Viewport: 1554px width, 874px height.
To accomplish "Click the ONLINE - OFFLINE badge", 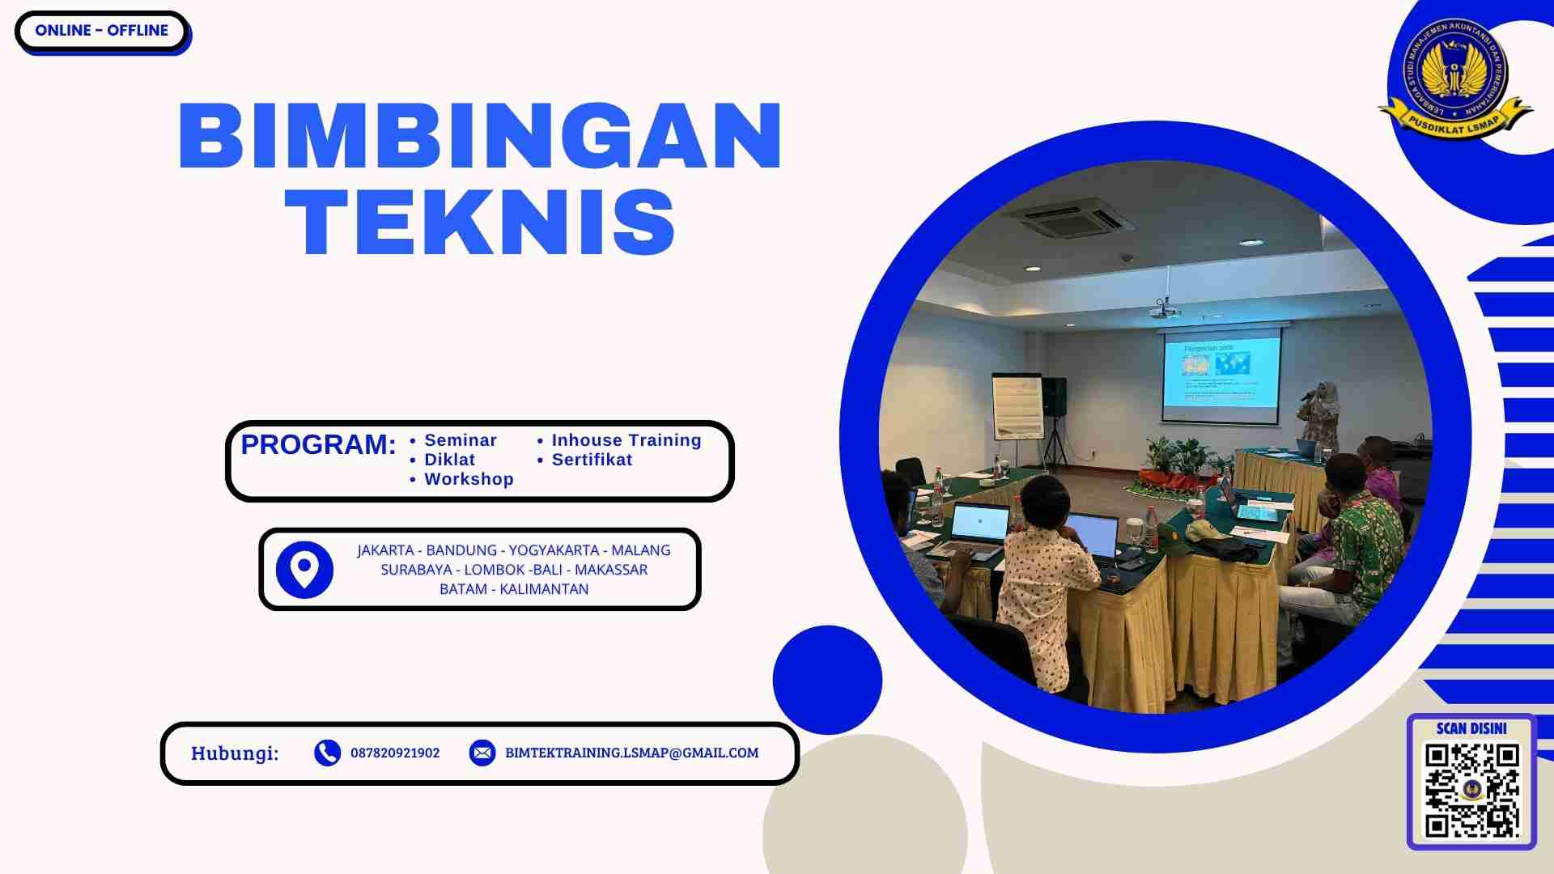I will click(x=102, y=31).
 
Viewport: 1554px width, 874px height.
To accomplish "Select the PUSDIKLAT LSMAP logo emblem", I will click(x=1455, y=79).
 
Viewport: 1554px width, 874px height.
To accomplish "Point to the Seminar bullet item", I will click(x=460, y=440).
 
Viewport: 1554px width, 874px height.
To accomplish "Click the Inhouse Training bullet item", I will click(x=626, y=440).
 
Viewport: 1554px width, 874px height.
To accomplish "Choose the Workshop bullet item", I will click(x=469, y=479).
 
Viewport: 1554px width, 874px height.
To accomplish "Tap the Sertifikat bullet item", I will click(x=592, y=460).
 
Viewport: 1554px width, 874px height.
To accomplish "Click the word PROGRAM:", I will click(x=318, y=444).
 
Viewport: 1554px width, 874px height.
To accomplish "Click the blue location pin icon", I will click(x=304, y=570).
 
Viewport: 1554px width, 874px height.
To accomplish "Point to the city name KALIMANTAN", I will click(x=544, y=589).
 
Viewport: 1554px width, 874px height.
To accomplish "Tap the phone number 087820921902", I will click(x=395, y=753).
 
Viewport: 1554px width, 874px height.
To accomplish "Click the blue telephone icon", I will click(x=327, y=753).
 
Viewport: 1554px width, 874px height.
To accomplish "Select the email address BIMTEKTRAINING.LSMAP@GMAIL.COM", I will click(x=631, y=753).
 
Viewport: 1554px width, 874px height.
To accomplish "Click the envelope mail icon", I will click(x=482, y=753).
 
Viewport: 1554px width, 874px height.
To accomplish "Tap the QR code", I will click(x=1471, y=790).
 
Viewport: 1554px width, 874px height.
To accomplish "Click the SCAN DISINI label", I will click(x=1471, y=728).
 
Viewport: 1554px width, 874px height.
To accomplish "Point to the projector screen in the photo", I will click(x=1221, y=375).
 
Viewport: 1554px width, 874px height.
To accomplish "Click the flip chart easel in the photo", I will click(x=1017, y=406).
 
